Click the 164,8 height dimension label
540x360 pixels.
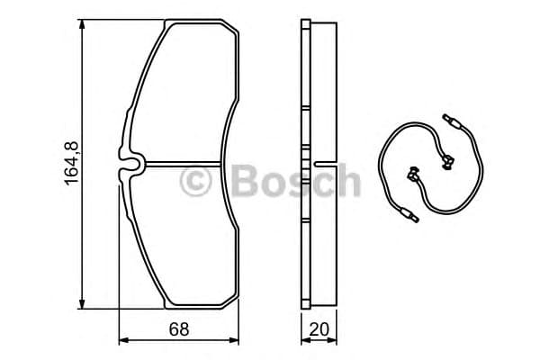coord(72,163)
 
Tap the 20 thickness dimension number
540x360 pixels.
coord(318,329)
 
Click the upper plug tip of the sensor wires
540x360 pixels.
coord(450,119)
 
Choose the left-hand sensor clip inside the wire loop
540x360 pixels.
coord(415,173)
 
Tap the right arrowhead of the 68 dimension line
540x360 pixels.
coord(237,341)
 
